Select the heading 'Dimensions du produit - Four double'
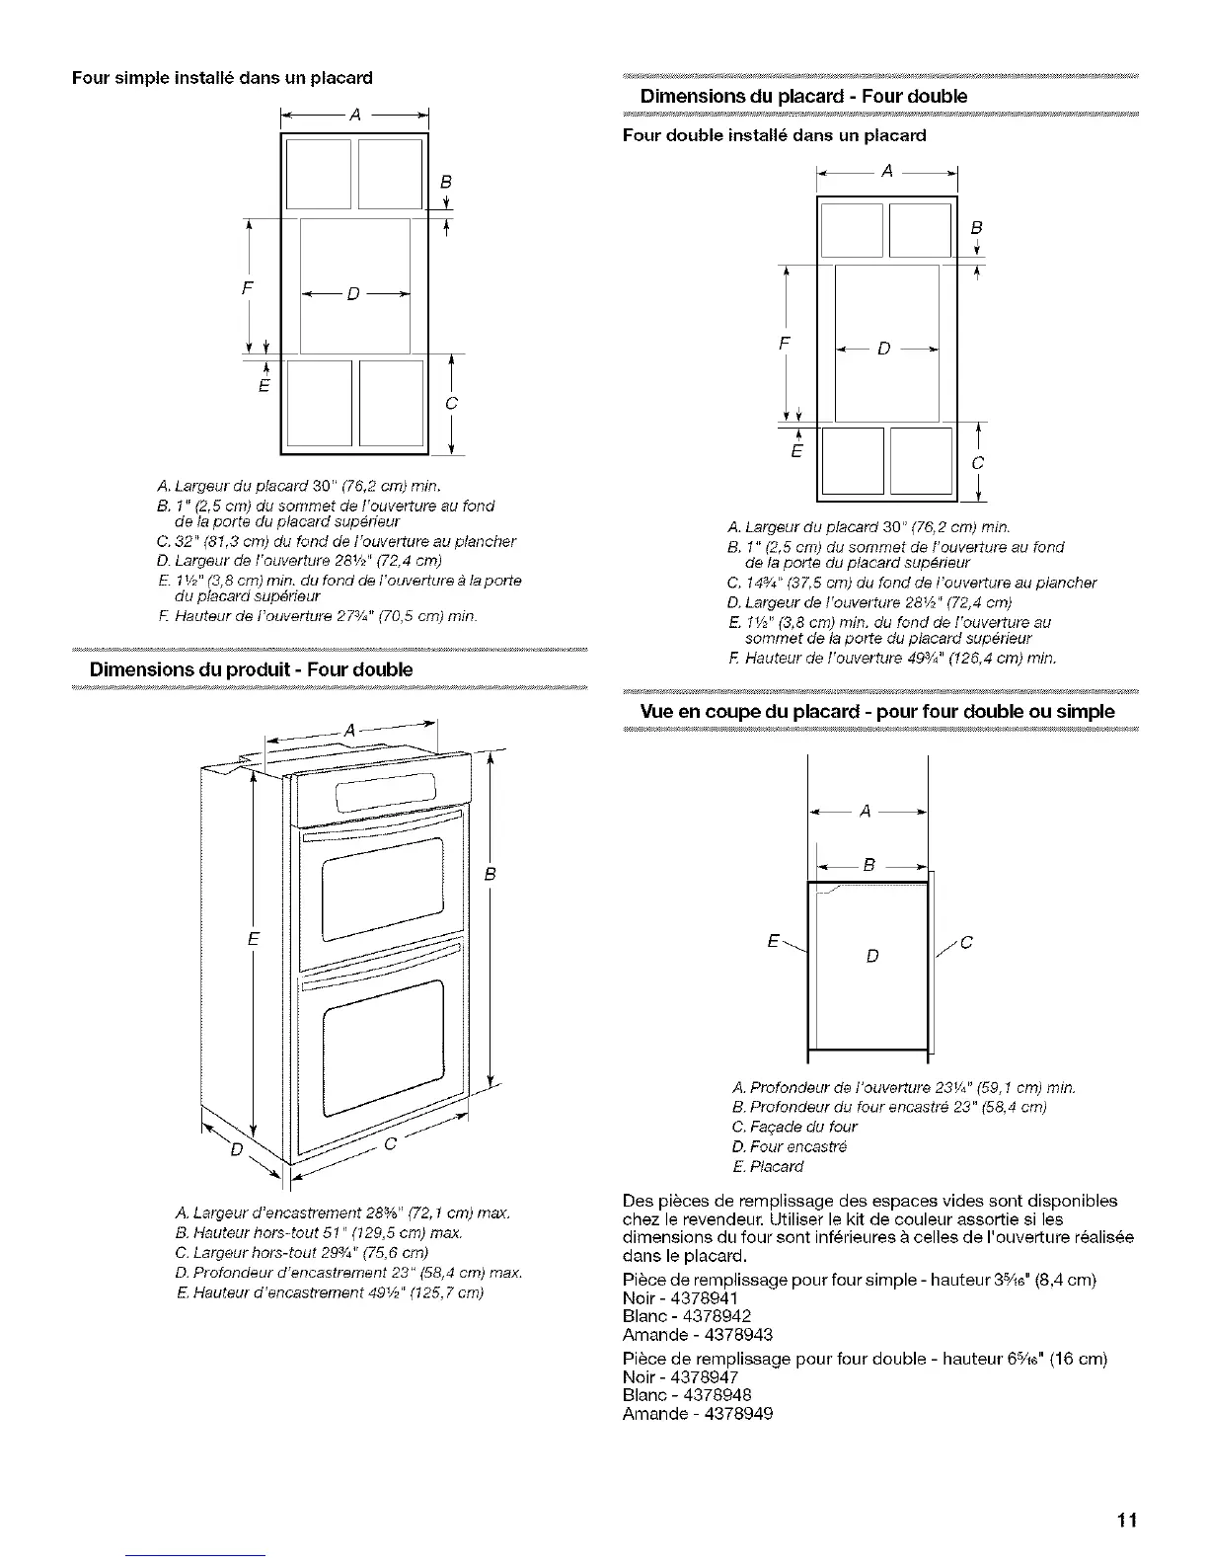251,669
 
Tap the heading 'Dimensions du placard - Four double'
803,96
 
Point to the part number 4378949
720,1413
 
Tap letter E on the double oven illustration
253,939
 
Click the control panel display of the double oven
386,790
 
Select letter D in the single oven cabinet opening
354,294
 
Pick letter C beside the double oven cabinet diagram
978,463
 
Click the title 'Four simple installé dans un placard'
222,77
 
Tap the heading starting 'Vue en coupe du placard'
877,712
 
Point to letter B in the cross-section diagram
868,866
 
